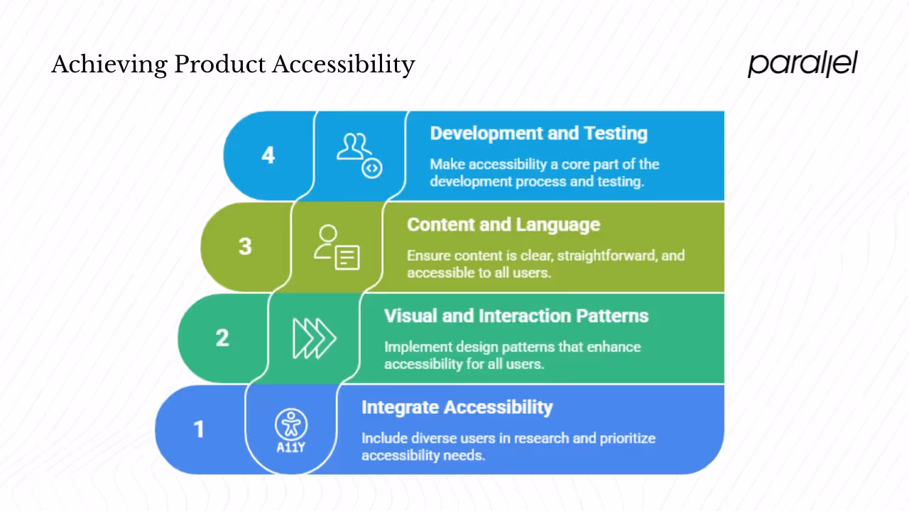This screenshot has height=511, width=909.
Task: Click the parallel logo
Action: [802, 64]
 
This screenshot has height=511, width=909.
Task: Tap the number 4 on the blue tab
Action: [268, 155]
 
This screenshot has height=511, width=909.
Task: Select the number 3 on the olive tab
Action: [245, 246]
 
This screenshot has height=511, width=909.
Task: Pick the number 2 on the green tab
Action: [222, 338]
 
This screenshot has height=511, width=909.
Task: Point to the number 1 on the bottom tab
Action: [199, 429]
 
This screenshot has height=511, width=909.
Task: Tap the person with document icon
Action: [337, 247]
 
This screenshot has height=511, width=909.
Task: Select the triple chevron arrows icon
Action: [314, 338]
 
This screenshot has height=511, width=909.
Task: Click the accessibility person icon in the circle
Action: [290, 424]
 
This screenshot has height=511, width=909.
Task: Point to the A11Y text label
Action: [290, 448]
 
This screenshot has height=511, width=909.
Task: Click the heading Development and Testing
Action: [538, 133]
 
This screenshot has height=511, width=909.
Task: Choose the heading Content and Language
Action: [503, 225]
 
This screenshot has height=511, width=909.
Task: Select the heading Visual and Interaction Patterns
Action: [516, 316]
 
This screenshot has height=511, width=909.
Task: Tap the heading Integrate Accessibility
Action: [457, 407]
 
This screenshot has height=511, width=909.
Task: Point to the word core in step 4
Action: [576, 165]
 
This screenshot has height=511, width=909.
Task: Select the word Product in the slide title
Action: [220, 65]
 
